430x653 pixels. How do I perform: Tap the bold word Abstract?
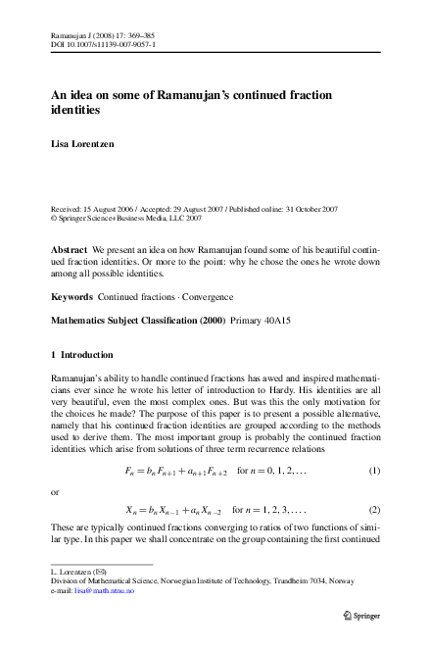point(68,251)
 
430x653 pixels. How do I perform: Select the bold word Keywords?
point(71,295)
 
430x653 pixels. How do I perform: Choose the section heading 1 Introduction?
point(81,354)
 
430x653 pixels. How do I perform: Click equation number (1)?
point(373,471)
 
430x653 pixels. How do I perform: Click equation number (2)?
point(373,510)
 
